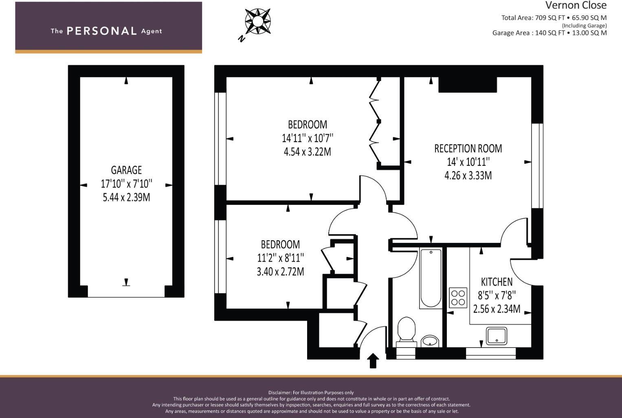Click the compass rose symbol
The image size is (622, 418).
click(x=258, y=21)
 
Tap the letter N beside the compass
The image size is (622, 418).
click(x=242, y=39)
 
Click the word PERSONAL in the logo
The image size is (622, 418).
click(x=102, y=31)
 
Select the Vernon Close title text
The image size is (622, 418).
click(x=576, y=5)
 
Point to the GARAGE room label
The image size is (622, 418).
click(x=126, y=170)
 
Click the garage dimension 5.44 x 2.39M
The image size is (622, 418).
click(x=126, y=197)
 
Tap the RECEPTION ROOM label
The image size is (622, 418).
click(x=468, y=149)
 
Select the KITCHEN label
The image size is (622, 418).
click(x=497, y=282)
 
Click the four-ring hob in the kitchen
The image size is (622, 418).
click(x=458, y=298)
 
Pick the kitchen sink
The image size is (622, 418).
click(x=497, y=336)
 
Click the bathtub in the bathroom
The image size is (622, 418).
click(x=431, y=278)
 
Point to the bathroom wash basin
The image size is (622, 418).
click(x=430, y=341)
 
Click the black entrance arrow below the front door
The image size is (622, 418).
click(x=373, y=361)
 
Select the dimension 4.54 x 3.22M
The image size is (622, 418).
click(x=308, y=152)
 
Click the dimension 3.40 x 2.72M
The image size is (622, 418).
click(x=281, y=271)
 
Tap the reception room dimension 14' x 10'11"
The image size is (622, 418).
click(x=468, y=162)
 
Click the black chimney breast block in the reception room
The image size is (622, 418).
click(x=468, y=84)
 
